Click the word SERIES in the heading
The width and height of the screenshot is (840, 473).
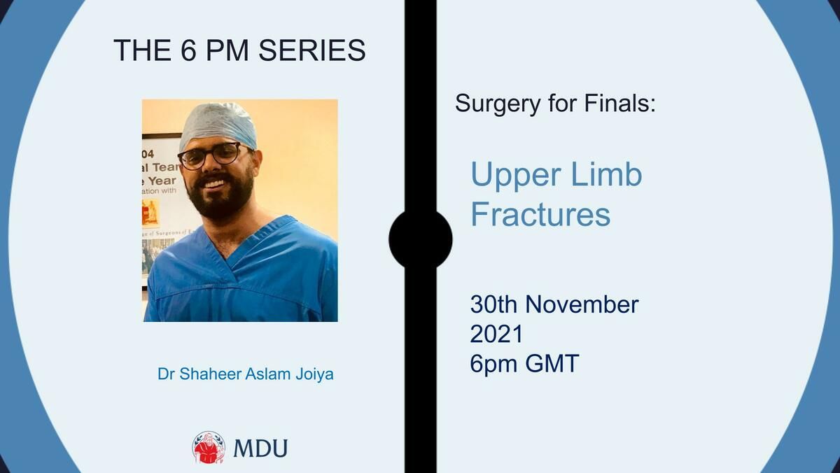click(312, 50)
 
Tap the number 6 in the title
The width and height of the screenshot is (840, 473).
click(188, 50)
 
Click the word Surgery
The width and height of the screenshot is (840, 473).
click(498, 104)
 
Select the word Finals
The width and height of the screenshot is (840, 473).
click(620, 103)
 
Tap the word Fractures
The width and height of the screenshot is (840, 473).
click(540, 213)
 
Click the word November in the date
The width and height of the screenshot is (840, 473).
click(582, 304)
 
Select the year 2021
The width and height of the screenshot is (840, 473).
click(496, 334)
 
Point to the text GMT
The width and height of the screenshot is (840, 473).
click(552, 364)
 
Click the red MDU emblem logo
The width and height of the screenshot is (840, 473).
click(209, 448)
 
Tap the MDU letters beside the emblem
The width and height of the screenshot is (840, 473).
click(260, 449)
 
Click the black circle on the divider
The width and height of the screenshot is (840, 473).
click(421, 239)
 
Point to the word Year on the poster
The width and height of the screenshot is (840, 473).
click(162, 181)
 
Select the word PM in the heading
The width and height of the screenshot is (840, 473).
click(227, 50)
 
